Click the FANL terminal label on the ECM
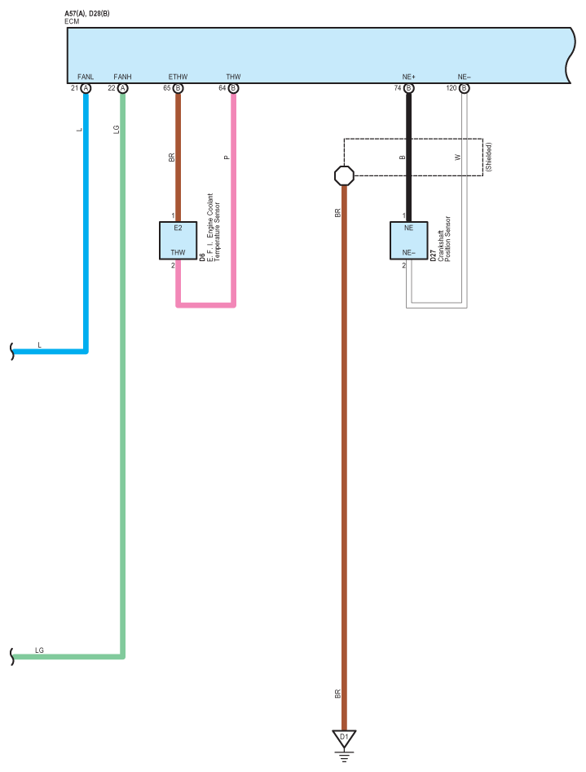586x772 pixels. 86,77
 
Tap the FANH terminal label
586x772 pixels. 122,77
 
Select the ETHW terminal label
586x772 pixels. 178,77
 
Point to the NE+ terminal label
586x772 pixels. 408,77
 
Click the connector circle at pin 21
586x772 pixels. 86,88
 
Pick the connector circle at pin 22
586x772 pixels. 122,88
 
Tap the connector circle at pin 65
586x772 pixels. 178,88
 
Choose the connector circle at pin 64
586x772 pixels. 234,88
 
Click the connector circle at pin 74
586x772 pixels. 408,88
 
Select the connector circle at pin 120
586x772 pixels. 464,88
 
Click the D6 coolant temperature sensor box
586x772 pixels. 178,240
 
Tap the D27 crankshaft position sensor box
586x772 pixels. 408,240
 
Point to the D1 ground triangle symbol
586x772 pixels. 344,738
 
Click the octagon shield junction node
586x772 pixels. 344,175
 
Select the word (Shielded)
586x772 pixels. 488,157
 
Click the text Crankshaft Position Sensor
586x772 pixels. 444,239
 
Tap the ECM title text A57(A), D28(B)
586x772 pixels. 87,14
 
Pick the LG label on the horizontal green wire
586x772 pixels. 39,650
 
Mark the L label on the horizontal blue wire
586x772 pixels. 40,345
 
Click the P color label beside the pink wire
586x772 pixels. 227,158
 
